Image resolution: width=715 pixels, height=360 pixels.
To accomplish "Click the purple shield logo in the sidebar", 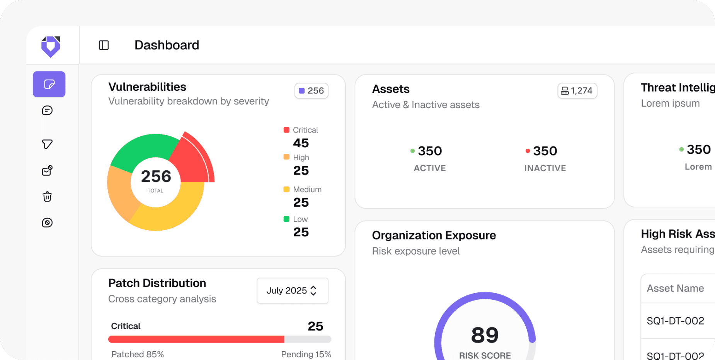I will (x=51, y=47).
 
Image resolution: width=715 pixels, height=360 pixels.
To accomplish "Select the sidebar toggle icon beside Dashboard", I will (x=104, y=45).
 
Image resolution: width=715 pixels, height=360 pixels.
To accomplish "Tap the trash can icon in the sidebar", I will (x=47, y=197).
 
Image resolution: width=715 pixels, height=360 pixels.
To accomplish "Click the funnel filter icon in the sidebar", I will (x=47, y=144).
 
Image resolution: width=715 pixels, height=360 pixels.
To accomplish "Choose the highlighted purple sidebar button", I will (x=49, y=84).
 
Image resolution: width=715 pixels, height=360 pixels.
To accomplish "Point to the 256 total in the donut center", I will (x=156, y=177).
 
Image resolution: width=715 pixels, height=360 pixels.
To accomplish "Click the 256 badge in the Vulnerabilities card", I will (x=312, y=91).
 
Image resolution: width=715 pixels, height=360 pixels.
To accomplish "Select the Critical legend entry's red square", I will (x=286, y=130).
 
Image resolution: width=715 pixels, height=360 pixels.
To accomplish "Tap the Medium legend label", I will (x=307, y=190).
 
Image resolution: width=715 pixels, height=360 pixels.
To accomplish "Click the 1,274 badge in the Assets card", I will (x=577, y=91).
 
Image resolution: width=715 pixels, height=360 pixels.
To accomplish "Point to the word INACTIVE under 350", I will (x=545, y=168).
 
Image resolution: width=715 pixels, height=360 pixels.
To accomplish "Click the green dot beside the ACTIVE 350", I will (x=412, y=151).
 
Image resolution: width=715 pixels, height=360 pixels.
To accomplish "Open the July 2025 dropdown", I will (x=292, y=290).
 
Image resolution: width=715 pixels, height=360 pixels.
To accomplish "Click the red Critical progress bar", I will (x=196, y=339).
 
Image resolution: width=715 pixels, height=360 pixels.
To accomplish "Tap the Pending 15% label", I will (x=306, y=354).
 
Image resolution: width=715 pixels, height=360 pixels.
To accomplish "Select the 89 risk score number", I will (x=485, y=335).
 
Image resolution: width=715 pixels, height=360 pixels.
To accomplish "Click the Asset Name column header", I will (x=675, y=288).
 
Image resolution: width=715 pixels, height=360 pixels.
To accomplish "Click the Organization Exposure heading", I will (x=434, y=235).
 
